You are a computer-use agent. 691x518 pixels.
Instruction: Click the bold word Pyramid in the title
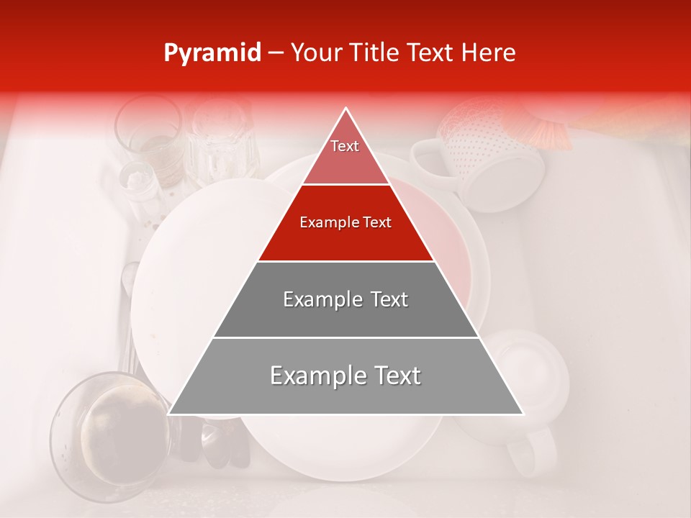click(212, 53)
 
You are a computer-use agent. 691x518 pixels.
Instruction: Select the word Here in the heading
click(489, 53)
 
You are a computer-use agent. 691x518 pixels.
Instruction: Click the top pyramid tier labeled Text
click(345, 155)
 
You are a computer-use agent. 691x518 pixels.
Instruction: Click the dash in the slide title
click(275, 53)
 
